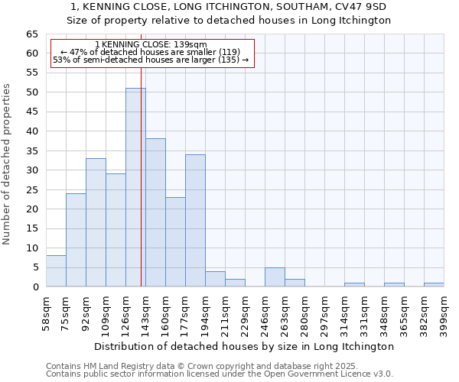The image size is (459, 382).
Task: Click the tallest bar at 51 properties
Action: point(135,187)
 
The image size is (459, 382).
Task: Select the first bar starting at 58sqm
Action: point(56,271)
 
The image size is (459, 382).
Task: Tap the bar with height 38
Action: point(155,212)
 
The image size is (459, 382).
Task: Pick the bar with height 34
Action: point(195,220)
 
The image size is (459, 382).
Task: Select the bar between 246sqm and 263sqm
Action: point(275,277)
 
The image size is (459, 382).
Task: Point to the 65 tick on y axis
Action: point(32,34)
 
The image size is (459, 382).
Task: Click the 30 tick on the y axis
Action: point(32,170)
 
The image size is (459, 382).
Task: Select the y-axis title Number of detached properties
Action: point(8,164)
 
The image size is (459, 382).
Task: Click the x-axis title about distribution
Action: point(245,346)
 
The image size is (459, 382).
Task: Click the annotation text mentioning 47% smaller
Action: point(151,52)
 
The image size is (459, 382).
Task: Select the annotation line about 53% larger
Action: point(151,60)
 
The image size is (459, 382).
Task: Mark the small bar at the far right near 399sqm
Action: point(434,285)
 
